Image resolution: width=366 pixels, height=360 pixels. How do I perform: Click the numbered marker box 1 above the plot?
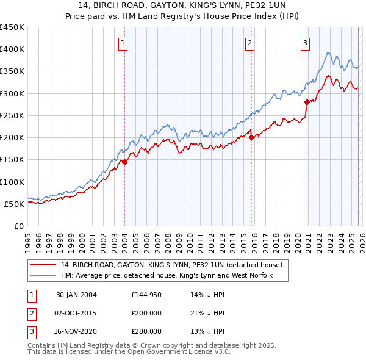point(123,43)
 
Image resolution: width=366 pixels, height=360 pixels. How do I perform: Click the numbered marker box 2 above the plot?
point(250,43)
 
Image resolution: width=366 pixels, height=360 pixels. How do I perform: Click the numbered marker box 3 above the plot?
point(305,43)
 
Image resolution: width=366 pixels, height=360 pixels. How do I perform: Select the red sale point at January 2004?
point(124,162)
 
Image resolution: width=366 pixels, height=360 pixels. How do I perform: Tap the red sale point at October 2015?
point(251,138)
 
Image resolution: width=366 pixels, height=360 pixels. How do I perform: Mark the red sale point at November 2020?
point(307,103)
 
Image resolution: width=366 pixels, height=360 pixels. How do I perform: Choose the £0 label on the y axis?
point(18,226)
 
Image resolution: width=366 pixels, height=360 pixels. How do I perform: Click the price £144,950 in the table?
point(146,295)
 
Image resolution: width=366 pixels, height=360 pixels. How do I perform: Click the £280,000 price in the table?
point(146,331)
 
